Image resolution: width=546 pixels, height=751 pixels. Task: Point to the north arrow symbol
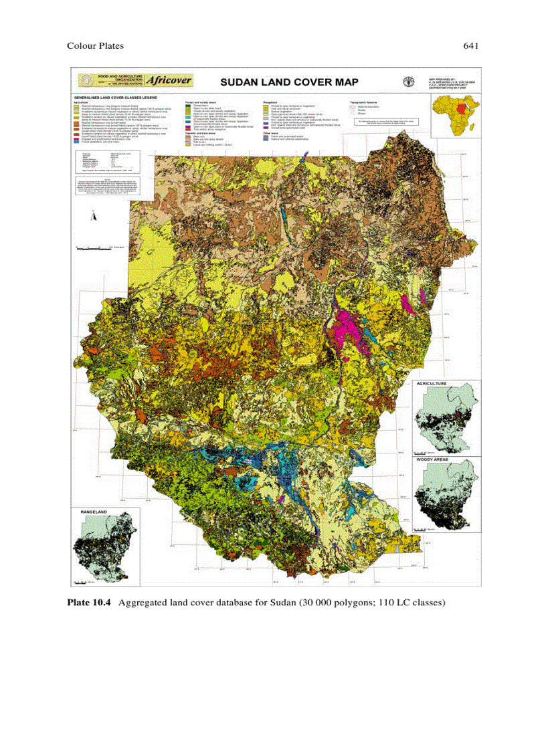94,216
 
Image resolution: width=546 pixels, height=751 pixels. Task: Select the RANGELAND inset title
94,512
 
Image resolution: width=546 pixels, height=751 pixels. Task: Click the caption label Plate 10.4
89,603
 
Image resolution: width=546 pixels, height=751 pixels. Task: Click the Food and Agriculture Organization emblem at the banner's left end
86,81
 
